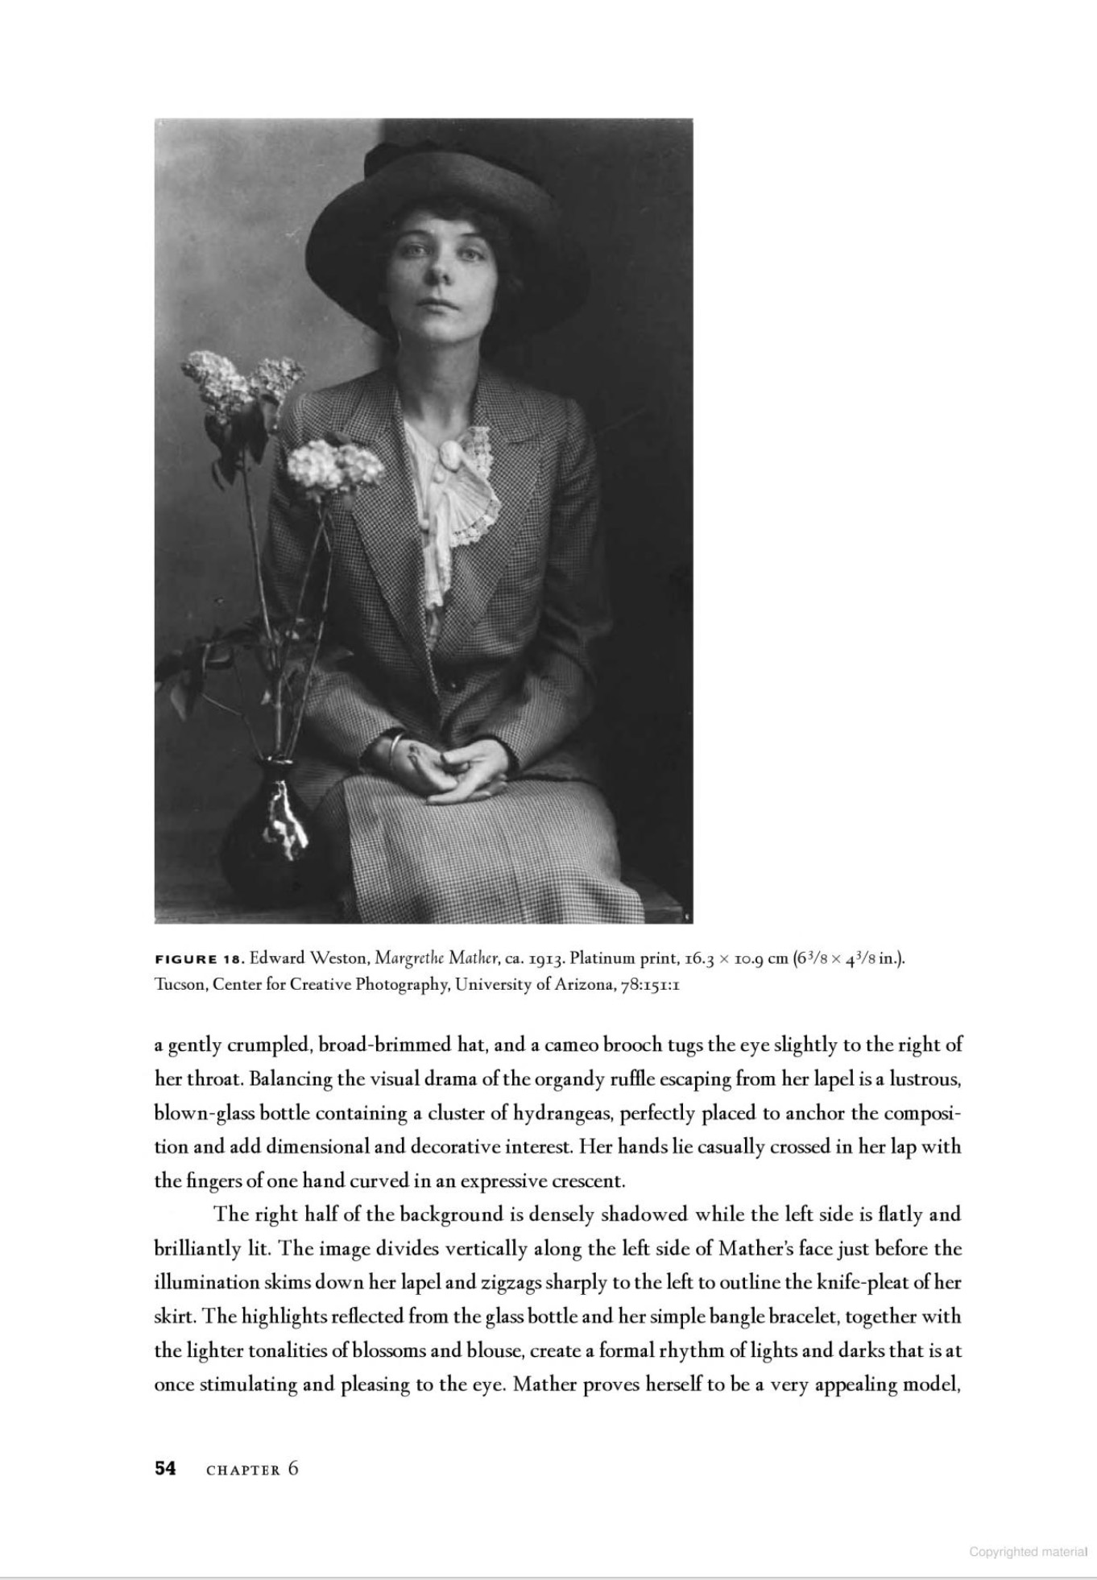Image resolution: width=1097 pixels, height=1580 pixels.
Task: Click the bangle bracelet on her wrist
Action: click(392, 750)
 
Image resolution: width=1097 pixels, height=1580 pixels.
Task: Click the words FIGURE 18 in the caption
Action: click(198, 959)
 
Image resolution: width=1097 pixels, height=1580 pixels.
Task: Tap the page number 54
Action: click(165, 1468)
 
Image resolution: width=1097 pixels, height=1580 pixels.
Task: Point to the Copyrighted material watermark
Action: click(1028, 1552)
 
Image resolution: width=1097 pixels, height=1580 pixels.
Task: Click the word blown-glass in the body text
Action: click(205, 1113)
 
